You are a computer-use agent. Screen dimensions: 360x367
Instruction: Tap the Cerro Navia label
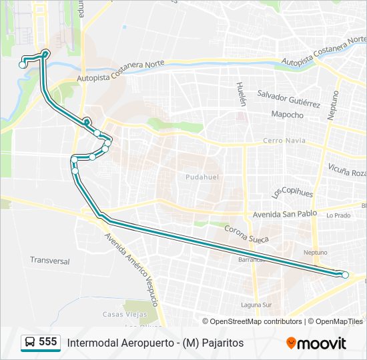point(284,140)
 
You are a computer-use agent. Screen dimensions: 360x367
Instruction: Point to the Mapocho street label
point(287,115)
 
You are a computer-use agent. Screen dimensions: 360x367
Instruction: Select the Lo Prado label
point(338,215)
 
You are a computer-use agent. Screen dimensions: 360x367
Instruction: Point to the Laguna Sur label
point(257,305)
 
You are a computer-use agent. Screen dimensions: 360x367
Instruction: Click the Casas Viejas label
point(121,314)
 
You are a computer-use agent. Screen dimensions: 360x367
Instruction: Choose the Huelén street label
point(241,94)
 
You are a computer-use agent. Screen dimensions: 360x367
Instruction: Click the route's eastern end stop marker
point(345,275)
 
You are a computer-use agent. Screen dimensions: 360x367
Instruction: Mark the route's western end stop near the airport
point(23,65)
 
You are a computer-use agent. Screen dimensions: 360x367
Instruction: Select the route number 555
point(47,342)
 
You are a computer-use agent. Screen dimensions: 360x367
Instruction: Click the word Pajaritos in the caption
point(222,343)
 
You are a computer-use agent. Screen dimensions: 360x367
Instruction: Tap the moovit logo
point(316,343)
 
